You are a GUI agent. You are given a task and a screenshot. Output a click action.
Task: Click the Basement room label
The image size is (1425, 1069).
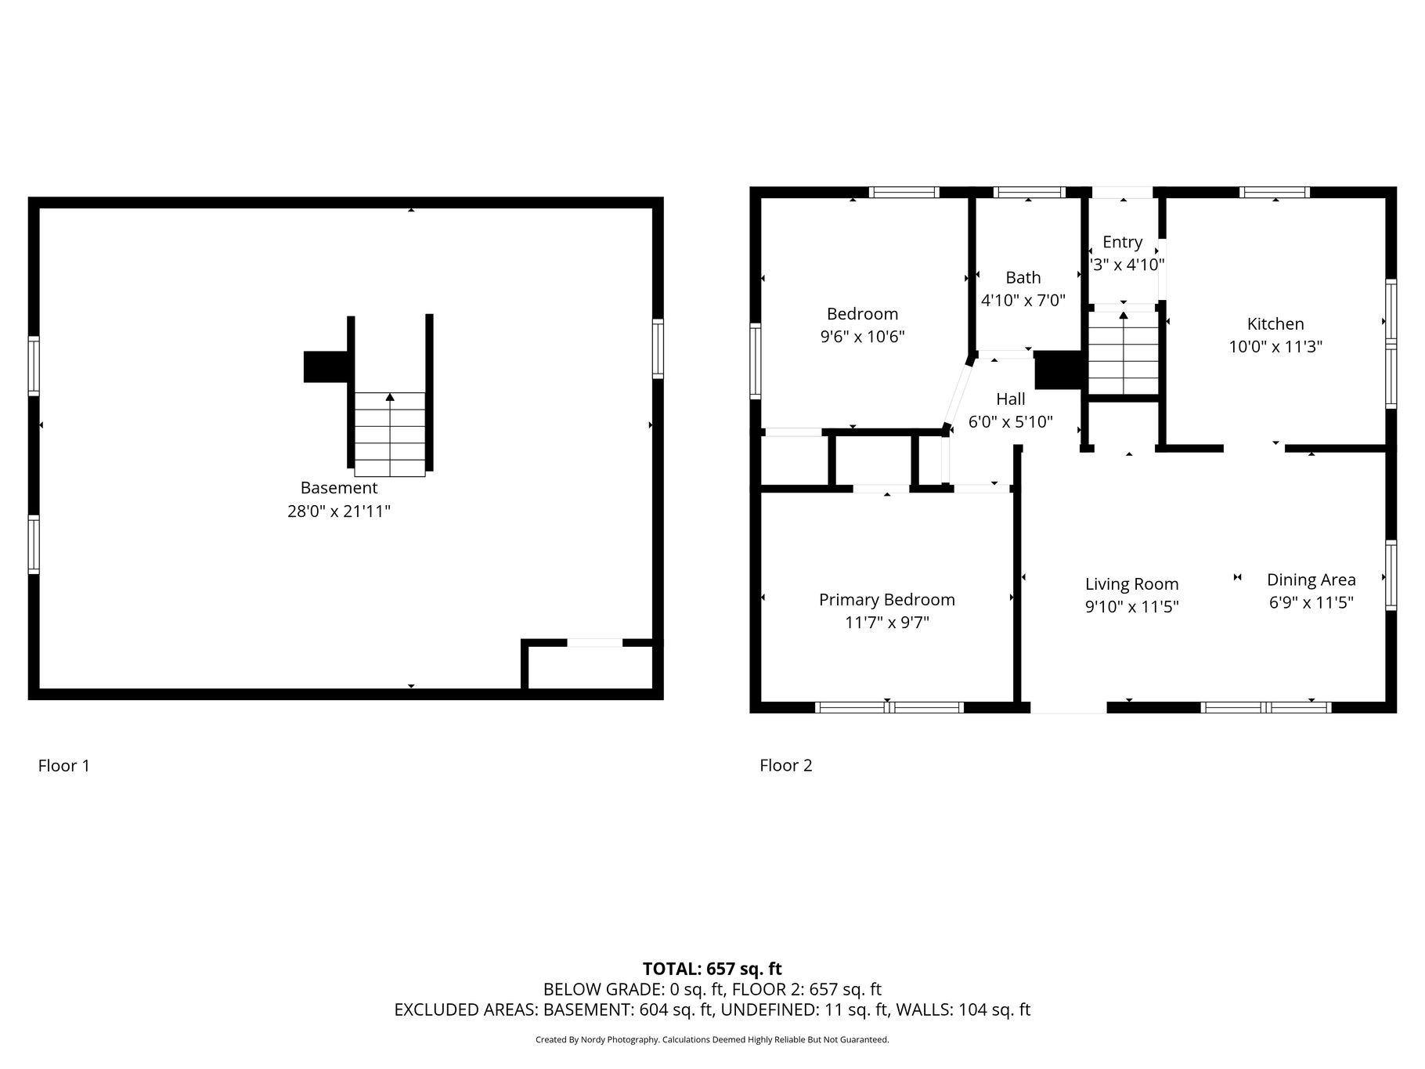pyautogui.click(x=339, y=488)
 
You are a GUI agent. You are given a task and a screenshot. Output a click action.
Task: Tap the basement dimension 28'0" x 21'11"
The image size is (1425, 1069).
pyautogui.click(x=339, y=511)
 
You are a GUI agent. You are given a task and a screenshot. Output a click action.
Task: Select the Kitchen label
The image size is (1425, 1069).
pyautogui.click(x=1275, y=323)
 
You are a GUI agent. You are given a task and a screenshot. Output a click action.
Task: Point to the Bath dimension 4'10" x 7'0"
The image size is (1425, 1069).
pyautogui.click(x=1023, y=300)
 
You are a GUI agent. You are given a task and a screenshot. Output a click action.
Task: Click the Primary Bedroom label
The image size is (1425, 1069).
pyautogui.click(x=887, y=600)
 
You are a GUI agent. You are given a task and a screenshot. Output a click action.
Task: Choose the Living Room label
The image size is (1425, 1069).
pyautogui.click(x=1132, y=584)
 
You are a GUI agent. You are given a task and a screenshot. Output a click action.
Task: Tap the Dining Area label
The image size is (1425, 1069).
pyautogui.click(x=1311, y=580)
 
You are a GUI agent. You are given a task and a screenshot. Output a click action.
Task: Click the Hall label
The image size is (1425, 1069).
pyautogui.click(x=1011, y=399)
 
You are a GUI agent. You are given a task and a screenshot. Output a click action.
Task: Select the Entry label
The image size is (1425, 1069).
pyautogui.click(x=1123, y=242)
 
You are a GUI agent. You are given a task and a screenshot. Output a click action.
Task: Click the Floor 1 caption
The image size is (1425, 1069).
pyautogui.click(x=64, y=765)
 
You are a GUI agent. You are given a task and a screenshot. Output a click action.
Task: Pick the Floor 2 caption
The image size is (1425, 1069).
pyautogui.click(x=786, y=765)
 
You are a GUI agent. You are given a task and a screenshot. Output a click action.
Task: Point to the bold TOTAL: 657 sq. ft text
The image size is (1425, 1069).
pyautogui.click(x=712, y=970)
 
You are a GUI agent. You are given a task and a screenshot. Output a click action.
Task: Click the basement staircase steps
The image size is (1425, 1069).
pyautogui.click(x=390, y=434)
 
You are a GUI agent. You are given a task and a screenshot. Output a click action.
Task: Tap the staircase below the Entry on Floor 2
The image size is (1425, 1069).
pyautogui.click(x=1124, y=353)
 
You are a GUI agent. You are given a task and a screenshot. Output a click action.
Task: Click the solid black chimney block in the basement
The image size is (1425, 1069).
pyautogui.click(x=326, y=367)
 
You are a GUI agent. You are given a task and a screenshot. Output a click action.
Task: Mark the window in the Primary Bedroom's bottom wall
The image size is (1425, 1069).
pyautogui.click(x=889, y=707)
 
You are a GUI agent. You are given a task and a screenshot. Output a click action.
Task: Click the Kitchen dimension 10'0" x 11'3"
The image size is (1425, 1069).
pyautogui.click(x=1275, y=346)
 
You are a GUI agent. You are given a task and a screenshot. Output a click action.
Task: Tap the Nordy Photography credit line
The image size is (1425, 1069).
pyautogui.click(x=712, y=1040)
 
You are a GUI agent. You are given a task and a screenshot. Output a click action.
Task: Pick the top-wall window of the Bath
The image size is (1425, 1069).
pyautogui.click(x=1030, y=192)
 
